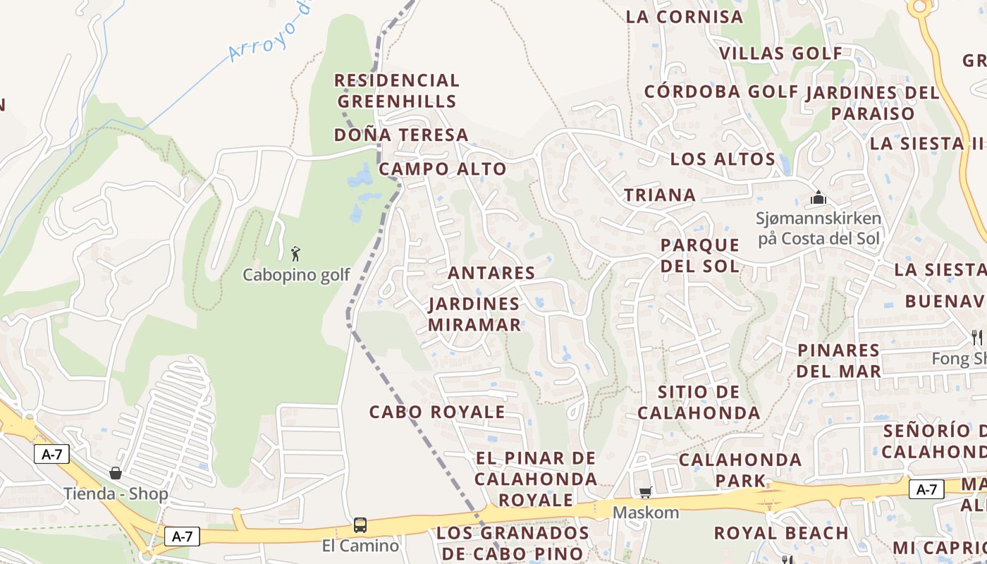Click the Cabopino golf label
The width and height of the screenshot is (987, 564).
pyautogui.click(x=296, y=275)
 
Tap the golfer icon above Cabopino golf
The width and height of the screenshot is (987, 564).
pyautogui.click(x=295, y=253)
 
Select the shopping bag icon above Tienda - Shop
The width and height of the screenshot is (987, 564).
pyautogui.click(x=116, y=473)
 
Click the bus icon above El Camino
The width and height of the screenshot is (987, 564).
pyautogui.click(x=360, y=525)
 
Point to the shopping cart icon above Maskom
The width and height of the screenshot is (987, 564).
pyautogui.click(x=645, y=492)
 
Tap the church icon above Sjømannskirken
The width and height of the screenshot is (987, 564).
pyautogui.click(x=818, y=198)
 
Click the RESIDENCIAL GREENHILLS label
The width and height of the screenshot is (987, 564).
pyautogui.click(x=396, y=91)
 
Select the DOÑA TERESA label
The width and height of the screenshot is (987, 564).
pyautogui.click(x=401, y=135)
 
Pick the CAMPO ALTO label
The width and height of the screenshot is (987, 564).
pyautogui.click(x=443, y=169)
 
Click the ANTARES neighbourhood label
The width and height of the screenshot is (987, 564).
pyautogui.click(x=491, y=273)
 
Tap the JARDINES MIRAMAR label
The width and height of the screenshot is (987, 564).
pyautogui.click(x=474, y=314)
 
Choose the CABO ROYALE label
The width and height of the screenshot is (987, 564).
pyautogui.click(x=437, y=412)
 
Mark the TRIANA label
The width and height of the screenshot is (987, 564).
pyautogui.click(x=660, y=195)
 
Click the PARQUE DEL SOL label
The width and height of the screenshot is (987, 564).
pyautogui.click(x=700, y=255)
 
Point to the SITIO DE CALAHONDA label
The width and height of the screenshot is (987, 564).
pyautogui.click(x=699, y=402)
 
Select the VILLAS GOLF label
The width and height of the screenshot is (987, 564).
pyautogui.click(x=780, y=54)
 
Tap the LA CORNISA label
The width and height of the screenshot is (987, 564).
pyautogui.click(x=685, y=17)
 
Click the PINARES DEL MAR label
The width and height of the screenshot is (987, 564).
pyautogui.click(x=839, y=360)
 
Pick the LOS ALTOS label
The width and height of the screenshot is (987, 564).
pyautogui.click(x=723, y=159)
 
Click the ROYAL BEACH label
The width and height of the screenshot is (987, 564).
pyautogui.click(x=781, y=533)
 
